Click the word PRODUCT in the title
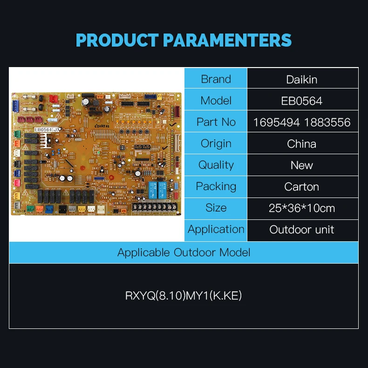117,41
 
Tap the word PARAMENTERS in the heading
227,41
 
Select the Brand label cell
216,79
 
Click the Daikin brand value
302,79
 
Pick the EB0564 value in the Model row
302,101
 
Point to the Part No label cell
216,122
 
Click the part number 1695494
277,122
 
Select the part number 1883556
327,122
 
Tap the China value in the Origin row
302,143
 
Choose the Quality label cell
216,165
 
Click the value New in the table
302,165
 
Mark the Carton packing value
302,186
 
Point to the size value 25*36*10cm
302,208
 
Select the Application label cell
216,229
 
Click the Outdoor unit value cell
302,229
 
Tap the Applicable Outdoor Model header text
184,252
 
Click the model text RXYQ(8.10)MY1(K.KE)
184,296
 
